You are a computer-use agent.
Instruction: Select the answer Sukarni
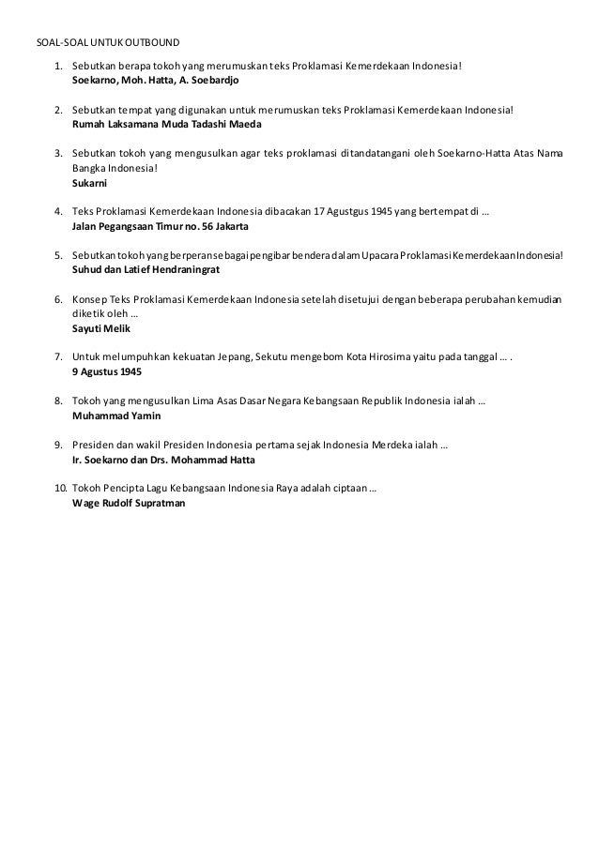pyautogui.click(x=90, y=184)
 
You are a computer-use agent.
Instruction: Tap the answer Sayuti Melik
pyautogui.click(x=101, y=330)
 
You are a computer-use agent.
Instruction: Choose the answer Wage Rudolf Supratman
pyautogui.click(x=129, y=502)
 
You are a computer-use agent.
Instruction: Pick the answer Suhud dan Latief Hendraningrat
pyautogui.click(x=146, y=269)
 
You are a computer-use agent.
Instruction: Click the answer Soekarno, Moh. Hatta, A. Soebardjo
pyautogui.click(x=155, y=82)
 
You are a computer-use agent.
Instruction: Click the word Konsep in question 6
pyautogui.click(x=91, y=299)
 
